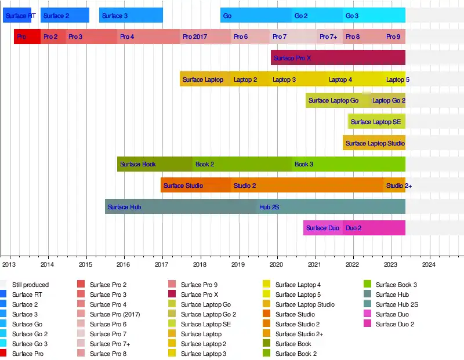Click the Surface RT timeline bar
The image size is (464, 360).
(x=17, y=16)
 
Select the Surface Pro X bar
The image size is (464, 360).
(x=338, y=58)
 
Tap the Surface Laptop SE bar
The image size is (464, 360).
(x=376, y=122)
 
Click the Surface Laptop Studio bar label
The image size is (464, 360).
(x=375, y=143)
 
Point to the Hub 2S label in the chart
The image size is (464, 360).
(x=269, y=207)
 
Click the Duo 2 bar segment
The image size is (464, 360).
(x=374, y=228)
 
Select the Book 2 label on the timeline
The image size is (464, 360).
(x=205, y=164)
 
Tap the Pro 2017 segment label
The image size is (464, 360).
(x=195, y=37)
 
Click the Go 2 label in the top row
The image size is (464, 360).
(x=301, y=16)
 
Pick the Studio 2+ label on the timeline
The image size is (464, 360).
(x=399, y=186)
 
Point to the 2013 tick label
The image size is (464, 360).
(x=9, y=265)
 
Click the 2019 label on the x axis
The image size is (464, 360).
(x=238, y=265)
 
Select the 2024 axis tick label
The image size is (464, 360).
(x=429, y=265)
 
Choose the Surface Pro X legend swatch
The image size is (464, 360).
(x=172, y=294)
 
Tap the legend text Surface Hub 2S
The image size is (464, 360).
(x=397, y=304)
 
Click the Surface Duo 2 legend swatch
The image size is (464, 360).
(x=367, y=324)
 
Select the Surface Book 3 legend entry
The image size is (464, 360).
(x=396, y=285)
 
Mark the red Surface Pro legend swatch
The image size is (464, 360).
(x=3, y=354)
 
